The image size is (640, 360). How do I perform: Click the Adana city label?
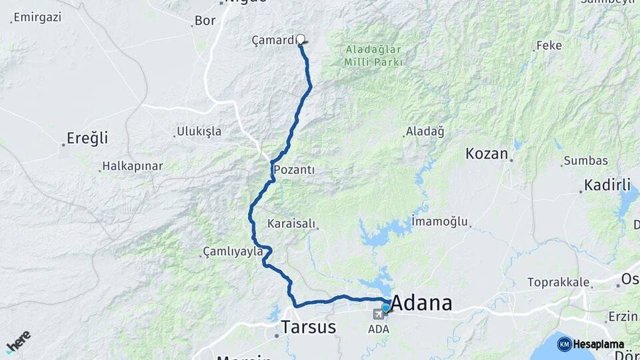(421, 303)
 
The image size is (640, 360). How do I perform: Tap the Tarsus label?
(308, 327)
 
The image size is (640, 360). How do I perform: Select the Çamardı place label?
(273, 40)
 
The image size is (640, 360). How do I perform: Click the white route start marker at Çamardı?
(301, 39)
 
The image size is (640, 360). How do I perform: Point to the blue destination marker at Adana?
(385, 307)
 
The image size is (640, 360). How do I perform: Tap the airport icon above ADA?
(378, 314)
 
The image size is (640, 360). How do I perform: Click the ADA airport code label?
(378, 329)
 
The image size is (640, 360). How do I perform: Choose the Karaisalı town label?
(291, 223)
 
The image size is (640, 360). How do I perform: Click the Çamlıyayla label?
(233, 251)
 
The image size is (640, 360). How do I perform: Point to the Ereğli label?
(87, 139)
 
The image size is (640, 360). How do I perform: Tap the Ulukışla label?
(199, 131)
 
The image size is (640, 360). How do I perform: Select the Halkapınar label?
(132, 167)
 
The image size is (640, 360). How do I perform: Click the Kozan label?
(487, 154)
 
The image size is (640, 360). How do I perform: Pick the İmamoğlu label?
(440, 221)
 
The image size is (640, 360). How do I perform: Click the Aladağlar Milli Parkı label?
(373, 55)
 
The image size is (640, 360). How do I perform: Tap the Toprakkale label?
(559, 282)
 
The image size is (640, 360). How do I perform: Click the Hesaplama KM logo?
(591, 344)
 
